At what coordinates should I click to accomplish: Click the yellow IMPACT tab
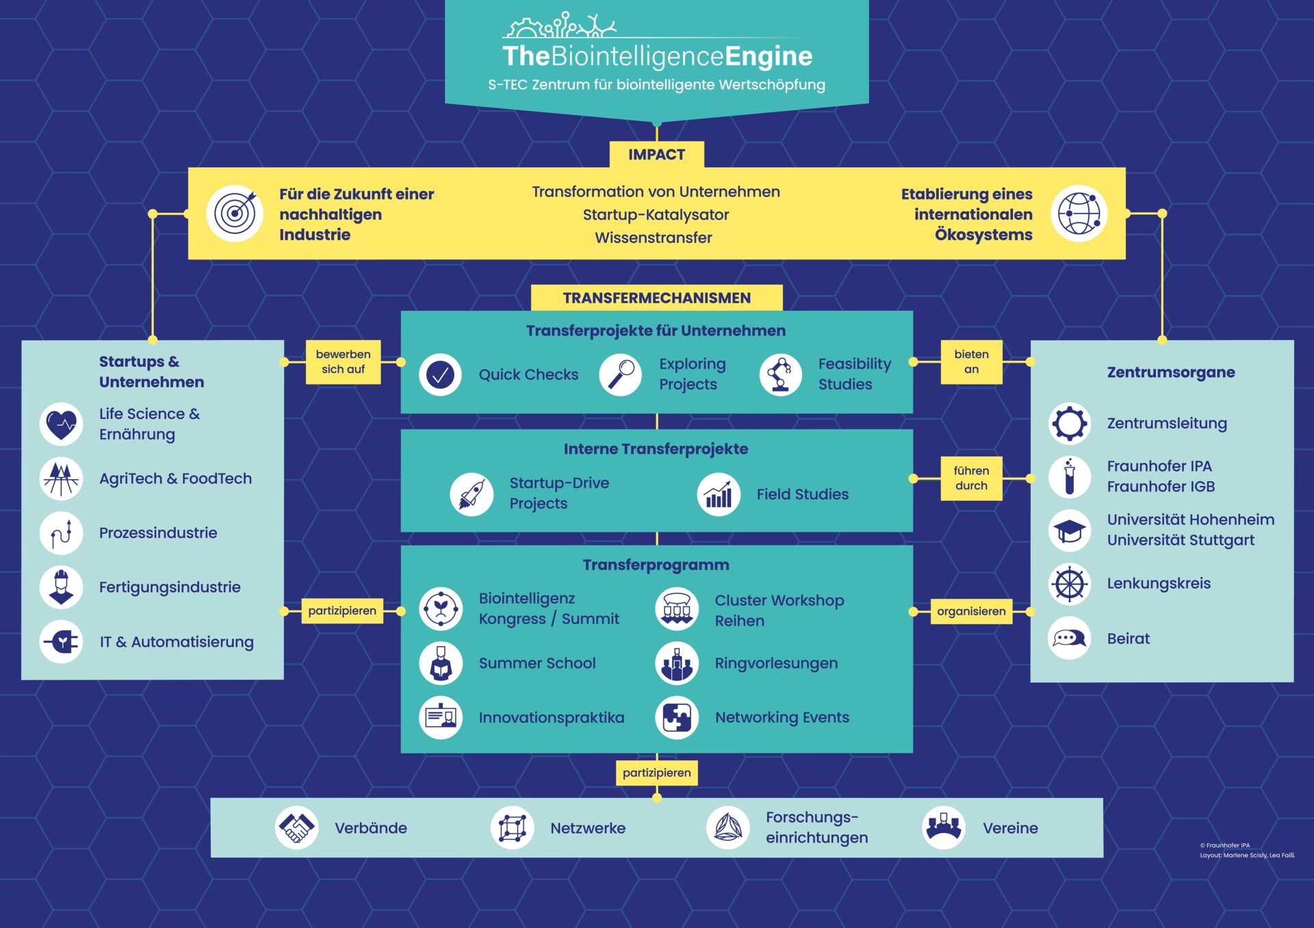pyautogui.click(x=656, y=155)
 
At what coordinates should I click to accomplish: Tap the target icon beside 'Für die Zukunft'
pyautogui.click(x=235, y=214)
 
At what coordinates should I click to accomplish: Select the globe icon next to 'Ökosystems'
pyautogui.click(x=1079, y=214)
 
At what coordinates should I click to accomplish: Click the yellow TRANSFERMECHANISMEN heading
pyautogui.click(x=656, y=298)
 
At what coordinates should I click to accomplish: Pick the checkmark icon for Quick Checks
pyautogui.click(x=440, y=374)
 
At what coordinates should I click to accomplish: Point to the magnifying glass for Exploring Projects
pyautogui.click(x=620, y=374)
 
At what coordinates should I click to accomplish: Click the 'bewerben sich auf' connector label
pyautogui.click(x=343, y=361)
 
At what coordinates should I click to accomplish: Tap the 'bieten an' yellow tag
pyautogui.click(x=971, y=361)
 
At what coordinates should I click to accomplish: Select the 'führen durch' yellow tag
pyautogui.click(x=971, y=478)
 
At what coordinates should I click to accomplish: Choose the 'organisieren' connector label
pyautogui.click(x=971, y=611)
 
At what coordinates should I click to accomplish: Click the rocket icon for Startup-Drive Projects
pyautogui.click(x=472, y=493)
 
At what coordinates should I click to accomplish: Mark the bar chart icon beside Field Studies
pyautogui.click(x=719, y=493)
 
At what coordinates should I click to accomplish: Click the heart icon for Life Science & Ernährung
pyautogui.click(x=62, y=424)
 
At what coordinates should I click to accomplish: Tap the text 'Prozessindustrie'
pyautogui.click(x=158, y=532)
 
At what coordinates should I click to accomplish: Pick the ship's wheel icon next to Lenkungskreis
pyautogui.click(x=1070, y=584)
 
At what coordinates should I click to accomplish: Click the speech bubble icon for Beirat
pyautogui.click(x=1070, y=639)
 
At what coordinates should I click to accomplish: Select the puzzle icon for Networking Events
pyautogui.click(x=677, y=717)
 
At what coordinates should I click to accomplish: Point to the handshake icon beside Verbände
pyautogui.click(x=296, y=828)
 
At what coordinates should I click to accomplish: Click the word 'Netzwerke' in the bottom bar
pyautogui.click(x=588, y=828)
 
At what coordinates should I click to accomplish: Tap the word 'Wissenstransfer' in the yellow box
pyautogui.click(x=654, y=237)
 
